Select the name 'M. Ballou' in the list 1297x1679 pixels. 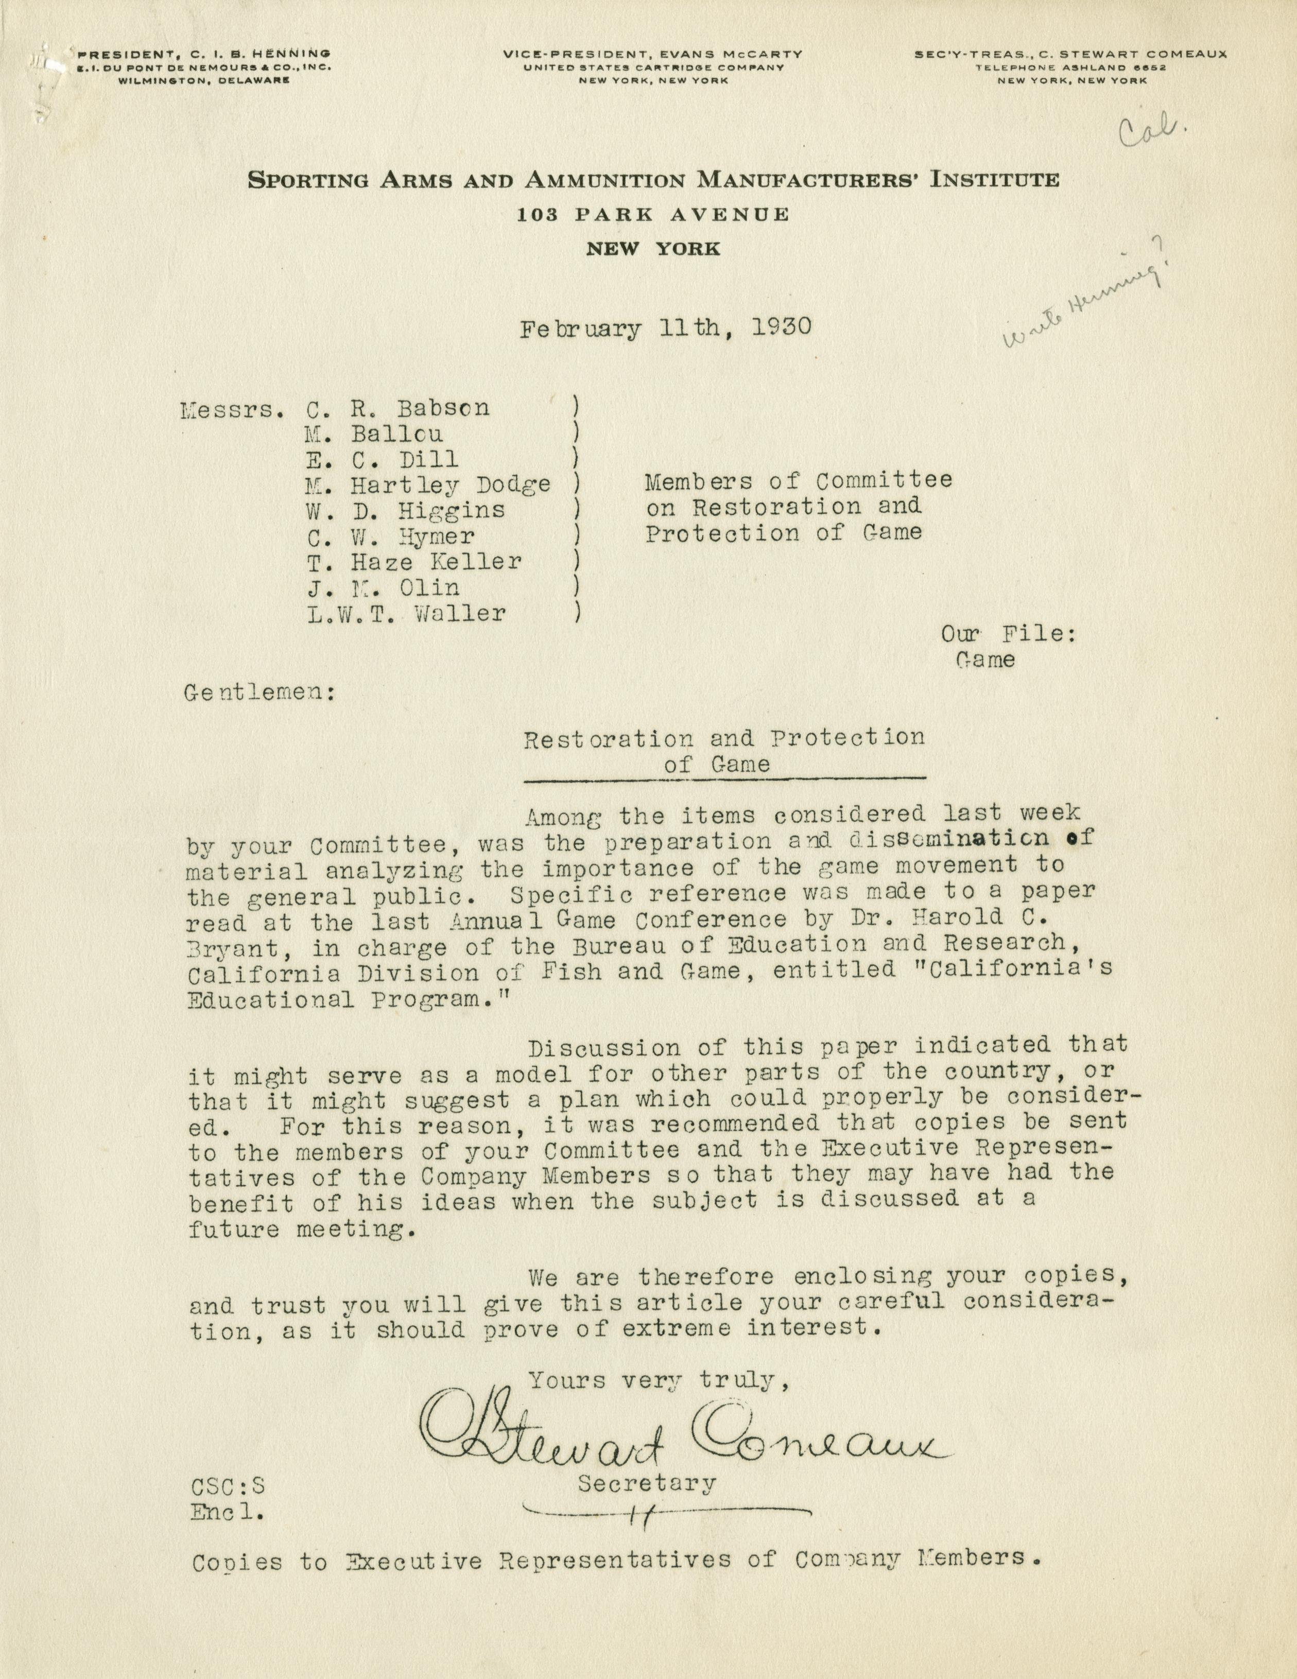pos(374,434)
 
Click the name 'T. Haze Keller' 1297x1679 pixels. pos(414,562)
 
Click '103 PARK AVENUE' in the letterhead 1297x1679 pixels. pos(653,215)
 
